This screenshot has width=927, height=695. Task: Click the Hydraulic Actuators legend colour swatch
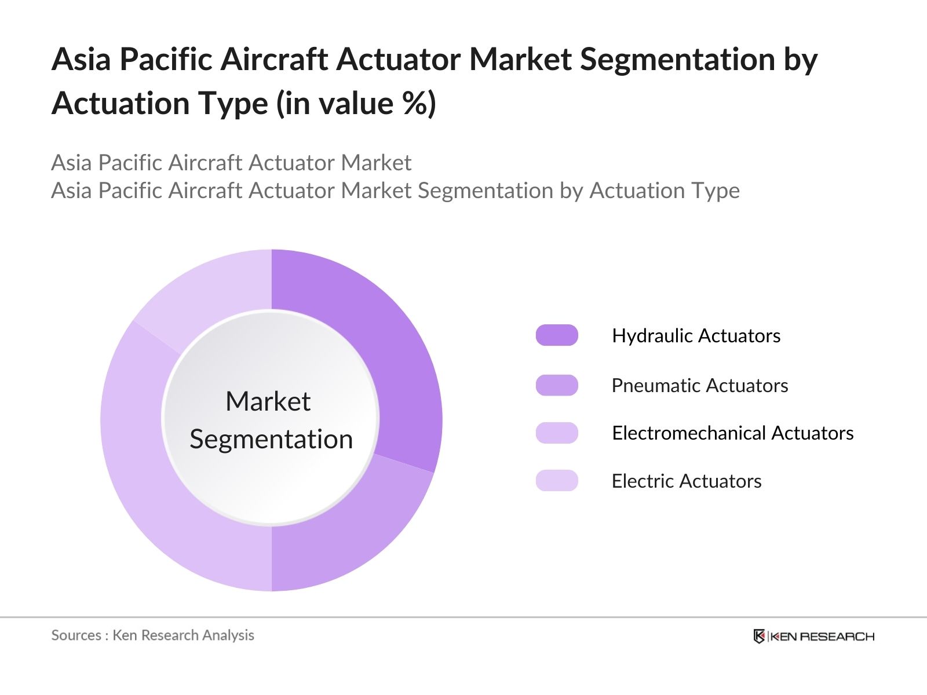(x=557, y=335)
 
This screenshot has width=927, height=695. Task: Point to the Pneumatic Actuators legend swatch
(x=557, y=385)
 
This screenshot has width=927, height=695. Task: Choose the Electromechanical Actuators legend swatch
(x=557, y=433)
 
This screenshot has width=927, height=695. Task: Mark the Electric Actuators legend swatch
(x=557, y=480)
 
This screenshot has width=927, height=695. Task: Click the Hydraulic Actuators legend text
(x=696, y=336)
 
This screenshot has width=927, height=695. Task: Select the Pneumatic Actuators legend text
(x=700, y=385)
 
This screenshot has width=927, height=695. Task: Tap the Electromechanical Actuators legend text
(x=733, y=433)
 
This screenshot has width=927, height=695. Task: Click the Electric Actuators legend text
(x=687, y=481)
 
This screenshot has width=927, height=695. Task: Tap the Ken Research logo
(x=813, y=636)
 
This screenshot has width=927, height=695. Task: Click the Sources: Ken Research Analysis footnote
(x=152, y=635)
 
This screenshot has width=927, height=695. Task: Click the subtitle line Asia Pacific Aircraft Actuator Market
(x=231, y=163)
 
